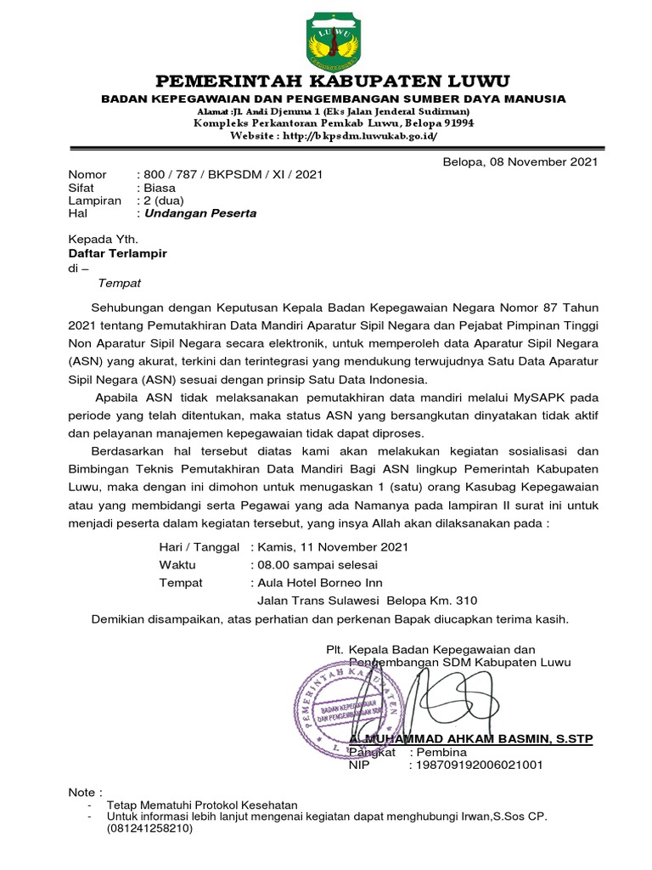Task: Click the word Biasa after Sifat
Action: (158, 188)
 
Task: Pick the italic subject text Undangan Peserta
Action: (200, 213)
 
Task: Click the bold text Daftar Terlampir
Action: (118, 253)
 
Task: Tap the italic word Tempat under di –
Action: (120, 282)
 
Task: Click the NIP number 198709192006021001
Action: (475, 765)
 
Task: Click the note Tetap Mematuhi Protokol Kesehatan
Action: (202, 805)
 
